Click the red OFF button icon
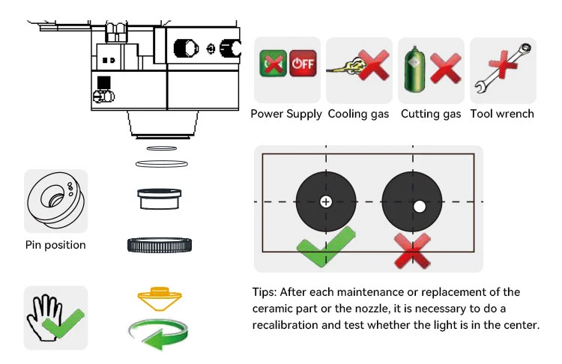303,64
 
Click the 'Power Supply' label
286,114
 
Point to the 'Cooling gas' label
359,114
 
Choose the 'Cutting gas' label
431,114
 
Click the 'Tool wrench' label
502,114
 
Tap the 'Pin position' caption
55,245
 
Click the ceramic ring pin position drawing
55,201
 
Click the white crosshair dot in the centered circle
326,201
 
